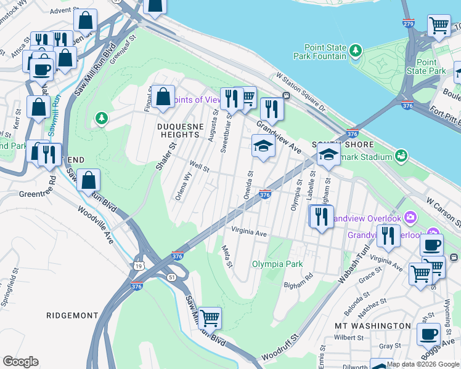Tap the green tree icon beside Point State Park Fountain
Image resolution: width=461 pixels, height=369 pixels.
tap(355, 50)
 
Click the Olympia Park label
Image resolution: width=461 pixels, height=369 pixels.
tap(277, 264)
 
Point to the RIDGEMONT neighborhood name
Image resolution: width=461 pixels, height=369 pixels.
tap(72, 315)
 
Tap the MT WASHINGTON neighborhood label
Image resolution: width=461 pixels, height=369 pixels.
tap(372, 325)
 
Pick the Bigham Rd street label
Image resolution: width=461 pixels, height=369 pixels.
tap(298, 285)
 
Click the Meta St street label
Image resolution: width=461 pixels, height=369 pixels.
tap(226, 256)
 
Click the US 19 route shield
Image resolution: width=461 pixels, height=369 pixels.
tap(141, 264)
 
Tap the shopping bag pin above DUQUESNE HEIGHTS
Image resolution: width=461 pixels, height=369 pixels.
tap(163, 97)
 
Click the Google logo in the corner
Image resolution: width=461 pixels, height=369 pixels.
tap(20, 362)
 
